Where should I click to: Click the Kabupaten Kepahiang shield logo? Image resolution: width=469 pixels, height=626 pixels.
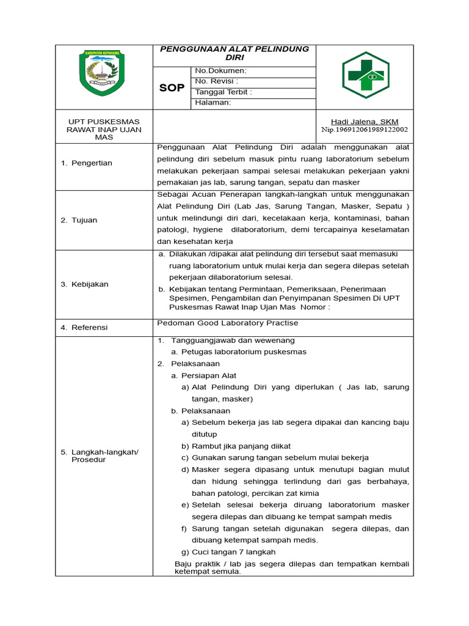(102, 72)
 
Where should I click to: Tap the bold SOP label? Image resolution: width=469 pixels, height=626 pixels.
(172, 88)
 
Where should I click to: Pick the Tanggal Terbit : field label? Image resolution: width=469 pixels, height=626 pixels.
(223, 92)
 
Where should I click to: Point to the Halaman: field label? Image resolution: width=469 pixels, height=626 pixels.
(213, 103)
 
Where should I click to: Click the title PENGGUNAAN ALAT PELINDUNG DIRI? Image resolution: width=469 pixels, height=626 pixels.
(234, 53)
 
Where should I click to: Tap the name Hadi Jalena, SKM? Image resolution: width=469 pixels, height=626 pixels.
(364, 122)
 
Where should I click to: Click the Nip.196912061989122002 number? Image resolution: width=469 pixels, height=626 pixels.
(365, 130)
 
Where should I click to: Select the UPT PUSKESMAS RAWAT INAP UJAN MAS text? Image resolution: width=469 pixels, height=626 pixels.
(103, 129)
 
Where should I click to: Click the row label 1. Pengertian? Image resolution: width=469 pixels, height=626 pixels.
(86, 163)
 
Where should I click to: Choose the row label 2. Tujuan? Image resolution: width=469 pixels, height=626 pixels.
(79, 220)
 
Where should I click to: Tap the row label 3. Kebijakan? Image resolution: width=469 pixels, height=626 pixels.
(84, 284)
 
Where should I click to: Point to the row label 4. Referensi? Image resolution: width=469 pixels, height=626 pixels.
(84, 328)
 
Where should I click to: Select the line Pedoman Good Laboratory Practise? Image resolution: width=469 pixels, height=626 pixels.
(227, 323)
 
